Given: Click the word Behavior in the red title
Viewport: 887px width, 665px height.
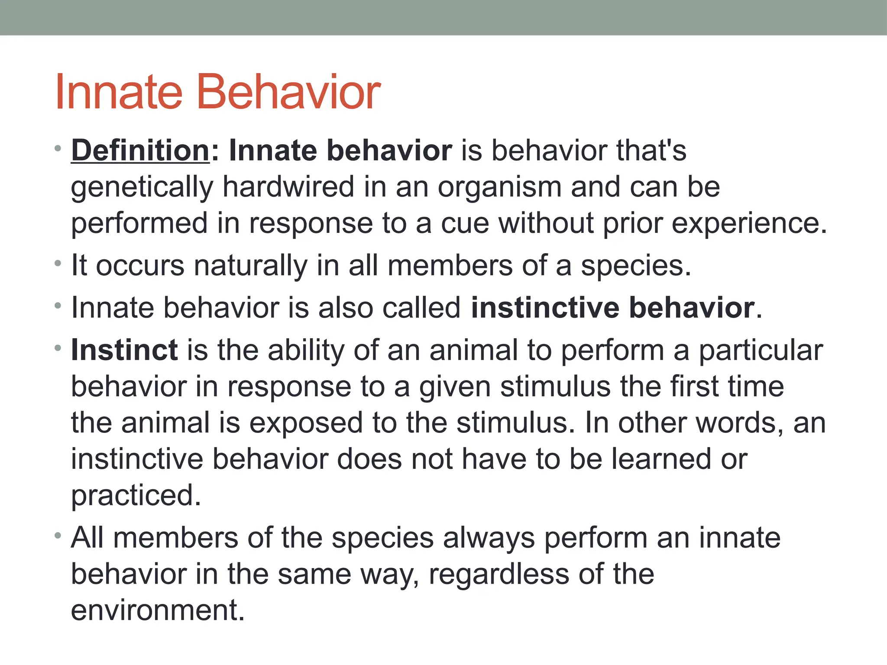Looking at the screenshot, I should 289,92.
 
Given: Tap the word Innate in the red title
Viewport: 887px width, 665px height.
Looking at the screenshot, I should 119,92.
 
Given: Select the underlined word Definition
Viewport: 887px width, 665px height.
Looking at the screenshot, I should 140,151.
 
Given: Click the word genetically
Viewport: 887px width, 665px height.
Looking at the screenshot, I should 142,187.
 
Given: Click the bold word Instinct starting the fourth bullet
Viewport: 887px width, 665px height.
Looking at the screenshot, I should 124,350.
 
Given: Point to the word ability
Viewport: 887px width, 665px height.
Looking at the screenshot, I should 306,350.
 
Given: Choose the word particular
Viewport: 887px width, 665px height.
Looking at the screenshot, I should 761,350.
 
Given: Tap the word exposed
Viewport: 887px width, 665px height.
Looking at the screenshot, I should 306,423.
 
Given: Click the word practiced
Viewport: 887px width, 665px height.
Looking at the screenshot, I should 136,496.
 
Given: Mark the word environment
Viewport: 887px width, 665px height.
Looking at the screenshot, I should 157,610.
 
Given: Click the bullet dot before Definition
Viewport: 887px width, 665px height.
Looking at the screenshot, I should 58,149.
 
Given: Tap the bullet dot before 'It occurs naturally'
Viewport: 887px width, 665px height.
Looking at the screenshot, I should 58,263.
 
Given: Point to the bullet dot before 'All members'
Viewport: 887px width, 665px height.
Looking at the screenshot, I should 58,536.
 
